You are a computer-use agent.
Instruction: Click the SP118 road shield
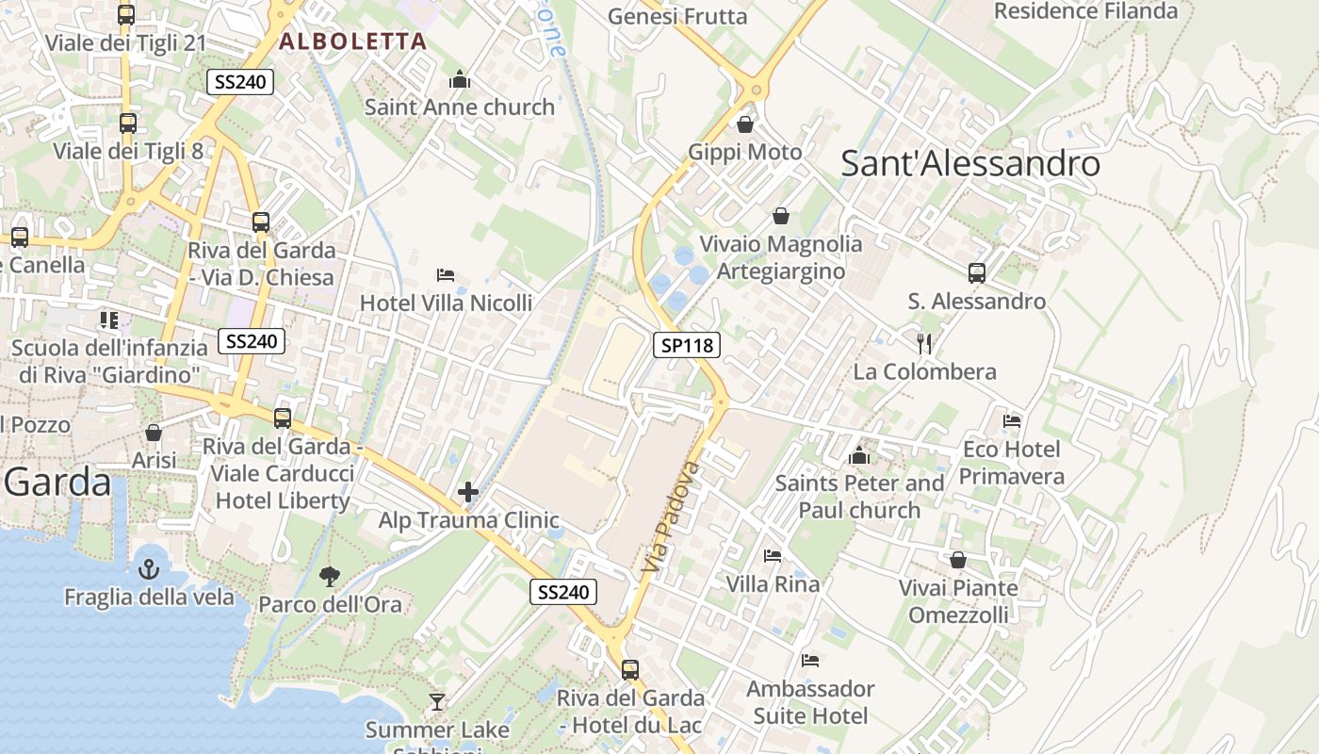[x=687, y=345]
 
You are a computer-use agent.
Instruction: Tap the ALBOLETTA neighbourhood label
[x=353, y=41]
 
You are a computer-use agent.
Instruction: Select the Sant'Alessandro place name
[x=969, y=164]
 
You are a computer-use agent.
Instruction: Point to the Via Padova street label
[x=671, y=516]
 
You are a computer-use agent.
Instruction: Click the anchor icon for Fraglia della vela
[x=149, y=568]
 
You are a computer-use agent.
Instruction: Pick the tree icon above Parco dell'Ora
[x=330, y=576]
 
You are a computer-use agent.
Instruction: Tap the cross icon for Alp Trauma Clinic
[x=468, y=492]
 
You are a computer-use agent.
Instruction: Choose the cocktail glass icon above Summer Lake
[x=437, y=701]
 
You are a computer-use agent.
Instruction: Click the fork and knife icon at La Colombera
[x=924, y=343]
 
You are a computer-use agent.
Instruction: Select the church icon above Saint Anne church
[x=460, y=79]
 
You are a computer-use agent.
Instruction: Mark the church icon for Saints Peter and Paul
[x=858, y=455]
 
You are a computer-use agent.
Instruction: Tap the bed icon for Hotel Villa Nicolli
[x=446, y=275]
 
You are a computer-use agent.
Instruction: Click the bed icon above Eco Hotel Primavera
[x=1012, y=420]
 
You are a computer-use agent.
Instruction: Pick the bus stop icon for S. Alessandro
[x=977, y=273]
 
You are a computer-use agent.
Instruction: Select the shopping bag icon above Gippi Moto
[x=745, y=124]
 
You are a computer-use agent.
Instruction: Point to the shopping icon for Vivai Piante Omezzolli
[x=958, y=560]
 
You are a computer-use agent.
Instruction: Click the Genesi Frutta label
[x=677, y=16]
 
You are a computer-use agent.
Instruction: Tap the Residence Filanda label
[x=1086, y=11]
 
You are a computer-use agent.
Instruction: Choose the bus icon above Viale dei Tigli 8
[x=127, y=123]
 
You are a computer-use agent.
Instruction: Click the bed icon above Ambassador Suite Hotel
[x=810, y=660]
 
